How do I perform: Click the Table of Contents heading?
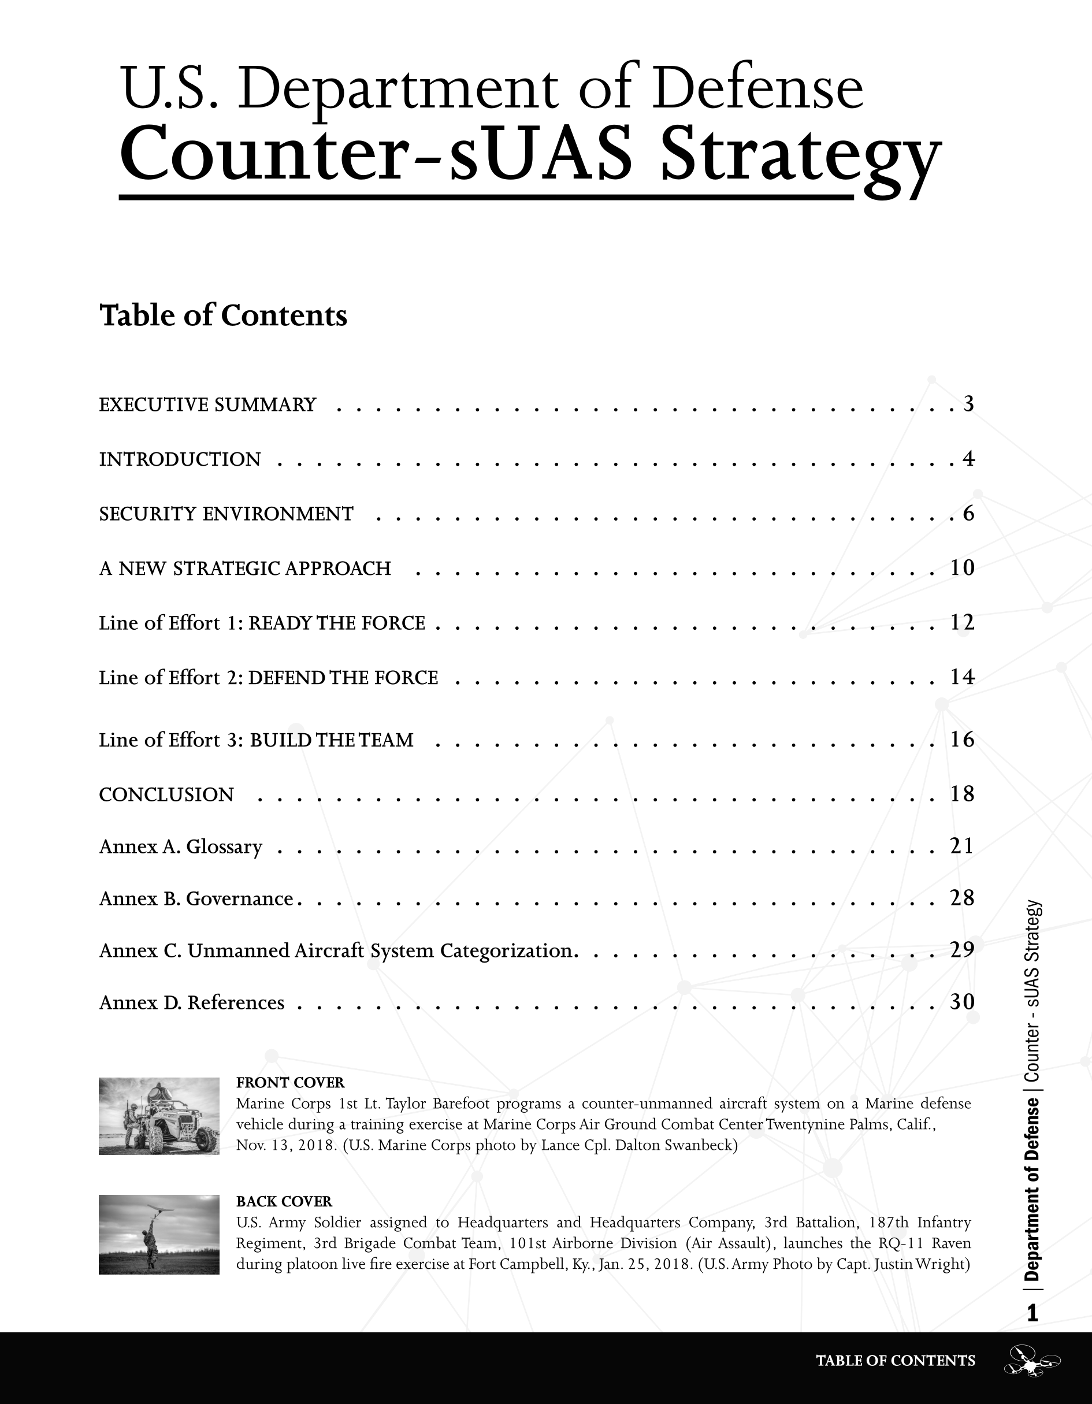(x=223, y=315)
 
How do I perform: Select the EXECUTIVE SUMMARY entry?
(x=207, y=405)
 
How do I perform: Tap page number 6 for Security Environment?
(x=968, y=514)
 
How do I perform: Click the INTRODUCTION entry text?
(x=180, y=460)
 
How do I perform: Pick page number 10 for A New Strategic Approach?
(x=962, y=567)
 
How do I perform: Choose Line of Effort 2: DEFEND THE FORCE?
(x=269, y=678)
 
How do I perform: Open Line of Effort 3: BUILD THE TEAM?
(x=257, y=740)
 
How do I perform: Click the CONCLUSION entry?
(x=166, y=795)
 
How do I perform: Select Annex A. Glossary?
(x=181, y=846)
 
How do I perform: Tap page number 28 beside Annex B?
(x=962, y=898)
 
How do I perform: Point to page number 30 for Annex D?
(x=962, y=1002)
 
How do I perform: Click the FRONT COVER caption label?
(x=291, y=1083)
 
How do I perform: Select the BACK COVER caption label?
(x=284, y=1202)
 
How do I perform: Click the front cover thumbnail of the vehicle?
(x=159, y=1116)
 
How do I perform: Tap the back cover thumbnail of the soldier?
(x=159, y=1234)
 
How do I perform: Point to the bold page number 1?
(x=1032, y=1313)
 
